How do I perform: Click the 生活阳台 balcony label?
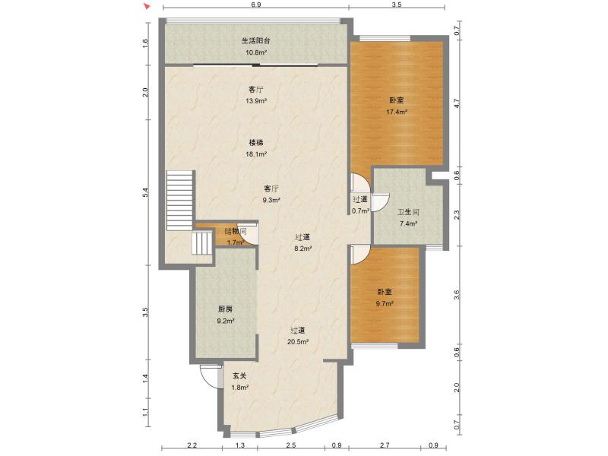pyautogui.click(x=256, y=40)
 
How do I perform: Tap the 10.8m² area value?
pyautogui.click(x=256, y=52)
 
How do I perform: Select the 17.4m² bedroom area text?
pyautogui.click(x=397, y=112)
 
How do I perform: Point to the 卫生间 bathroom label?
pyautogui.click(x=408, y=212)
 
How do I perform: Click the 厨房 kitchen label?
pyautogui.click(x=225, y=309)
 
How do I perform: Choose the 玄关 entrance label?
pyautogui.click(x=239, y=375)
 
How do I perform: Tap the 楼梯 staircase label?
pyautogui.click(x=256, y=143)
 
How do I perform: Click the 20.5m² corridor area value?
pyautogui.click(x=298, y=342)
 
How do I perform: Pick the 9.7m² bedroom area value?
pyautogui.click(x=385, y=303)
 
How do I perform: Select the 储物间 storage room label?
pyautogui.click(x=236, y=232)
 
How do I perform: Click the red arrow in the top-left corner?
pyautogui.click(x=146, y=6)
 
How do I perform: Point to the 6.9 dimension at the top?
pyautogui.click(x=256, y=5)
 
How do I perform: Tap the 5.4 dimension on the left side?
pyautogui.click(x=145, y=192)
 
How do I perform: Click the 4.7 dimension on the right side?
pyautogui.click(x=457, y=103)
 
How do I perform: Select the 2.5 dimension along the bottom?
pyautogui.click(x=291, y=445)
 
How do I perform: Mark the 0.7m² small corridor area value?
pyautogui.click(x=360, y=211)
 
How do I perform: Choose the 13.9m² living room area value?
pyautogui.click(x=256, y=101)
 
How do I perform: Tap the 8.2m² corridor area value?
pyautogui.click(x=303, y=249)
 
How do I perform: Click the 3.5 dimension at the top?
pyautogui.click(x=397, y=5)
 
